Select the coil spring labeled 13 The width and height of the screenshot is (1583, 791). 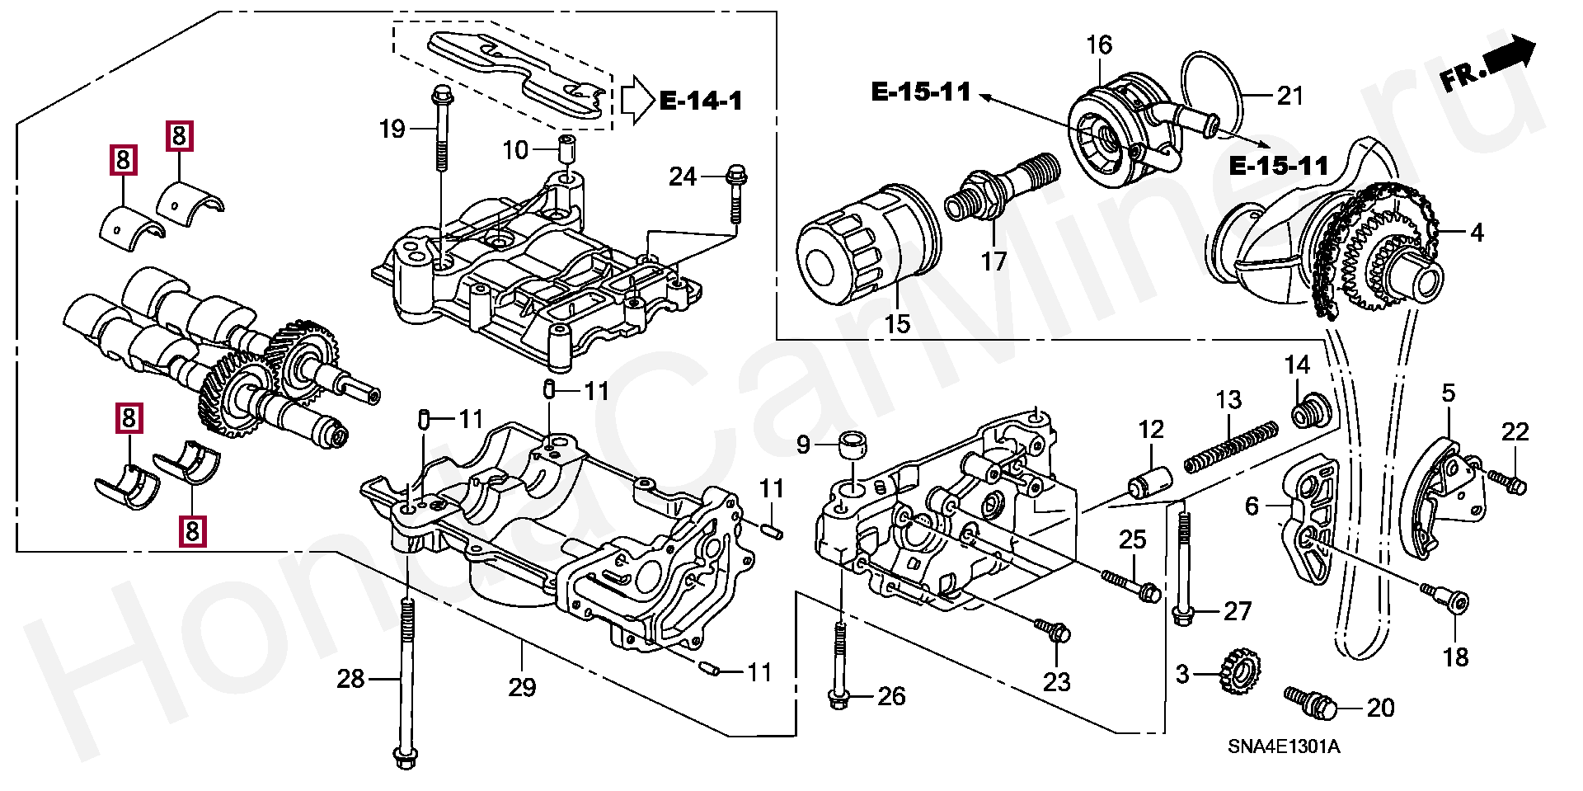pyautogui.click(x=1231, y=448)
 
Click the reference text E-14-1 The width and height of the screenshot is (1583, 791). pyautogui.click(x=701, y=101)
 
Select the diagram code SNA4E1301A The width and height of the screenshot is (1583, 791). pyautogui.click(x=1283, y=747)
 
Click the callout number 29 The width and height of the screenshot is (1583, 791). pyautogui.click(x=522, y=687)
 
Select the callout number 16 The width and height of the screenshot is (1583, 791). pyautogui.click(x=1099, y=45)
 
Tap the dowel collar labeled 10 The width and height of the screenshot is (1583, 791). pyautogui.click(x=566, y=150)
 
